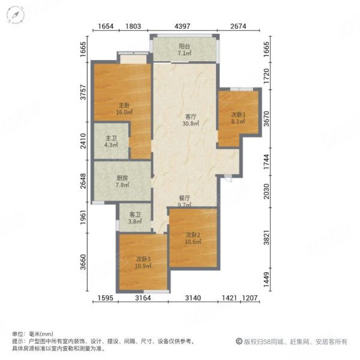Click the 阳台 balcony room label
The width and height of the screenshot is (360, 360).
(x=184, y=46)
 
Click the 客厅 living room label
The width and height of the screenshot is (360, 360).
(x=191, y=116)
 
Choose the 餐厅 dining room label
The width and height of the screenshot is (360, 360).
(x=184, y=197)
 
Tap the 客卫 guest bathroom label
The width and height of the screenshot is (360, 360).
(x=136, y=213)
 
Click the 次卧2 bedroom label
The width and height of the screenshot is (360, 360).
(x=192, y=235)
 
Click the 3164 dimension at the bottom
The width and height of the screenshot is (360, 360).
(x=142, y=298)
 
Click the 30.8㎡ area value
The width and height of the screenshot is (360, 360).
(x=191, y=124)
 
